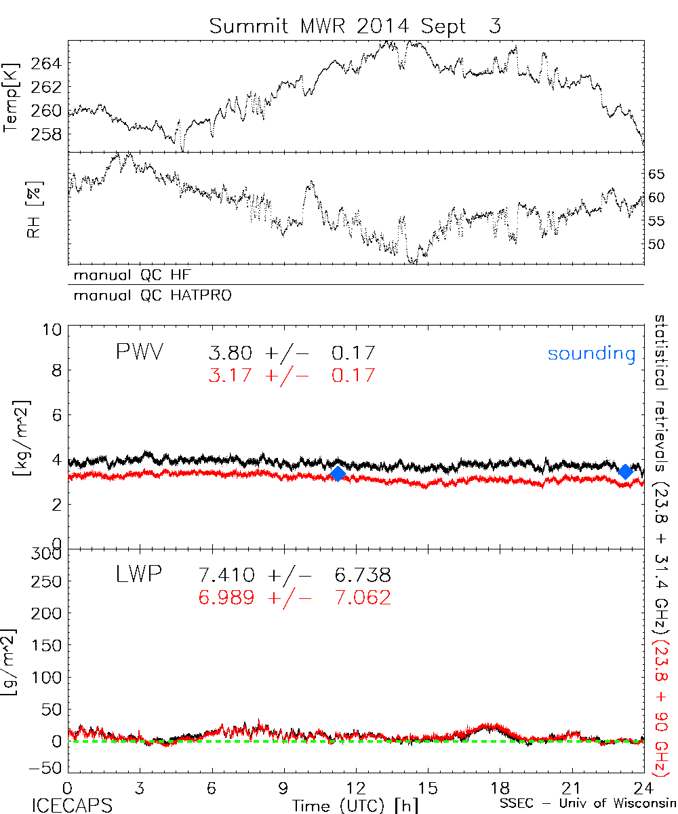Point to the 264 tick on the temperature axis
[x=47, y=64]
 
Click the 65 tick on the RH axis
[x=656, y=174]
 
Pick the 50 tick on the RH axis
[x=656, y=244]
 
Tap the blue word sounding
[x=592, y=353]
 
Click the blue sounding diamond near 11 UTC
[x=338, y=473]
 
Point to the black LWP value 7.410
[x=226, y=576]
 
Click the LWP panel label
[x=139, y=575]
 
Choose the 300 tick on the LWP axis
[x=47, y=554]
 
